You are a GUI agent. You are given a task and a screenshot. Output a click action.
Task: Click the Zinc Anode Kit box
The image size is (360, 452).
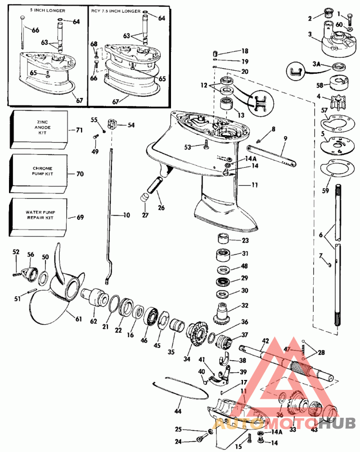pyautogui.click(x=39, y=129)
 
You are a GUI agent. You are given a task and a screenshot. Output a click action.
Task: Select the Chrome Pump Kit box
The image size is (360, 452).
pyautogui.click(x=39, y=173)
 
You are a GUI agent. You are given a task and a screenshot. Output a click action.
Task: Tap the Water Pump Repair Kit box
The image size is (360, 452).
pyautogui.click(x=39, y=217)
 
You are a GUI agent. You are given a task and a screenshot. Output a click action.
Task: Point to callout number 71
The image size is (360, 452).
pyautogui.click(x=80, y=130)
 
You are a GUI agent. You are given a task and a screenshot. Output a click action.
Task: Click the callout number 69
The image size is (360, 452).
pyautogui.click(x=80, y=217)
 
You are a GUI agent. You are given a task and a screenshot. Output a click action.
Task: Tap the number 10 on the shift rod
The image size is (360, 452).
pyautogui.click(x=126, y=215)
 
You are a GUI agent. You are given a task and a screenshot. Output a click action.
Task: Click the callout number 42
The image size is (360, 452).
pyautogui.click(x=265, y=341)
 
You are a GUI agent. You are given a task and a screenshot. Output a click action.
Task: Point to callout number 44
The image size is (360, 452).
pyautogui.click(x=178, y=411)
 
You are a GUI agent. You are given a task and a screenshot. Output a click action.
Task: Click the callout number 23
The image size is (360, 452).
pyautogui.click(x=245, y=240)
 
